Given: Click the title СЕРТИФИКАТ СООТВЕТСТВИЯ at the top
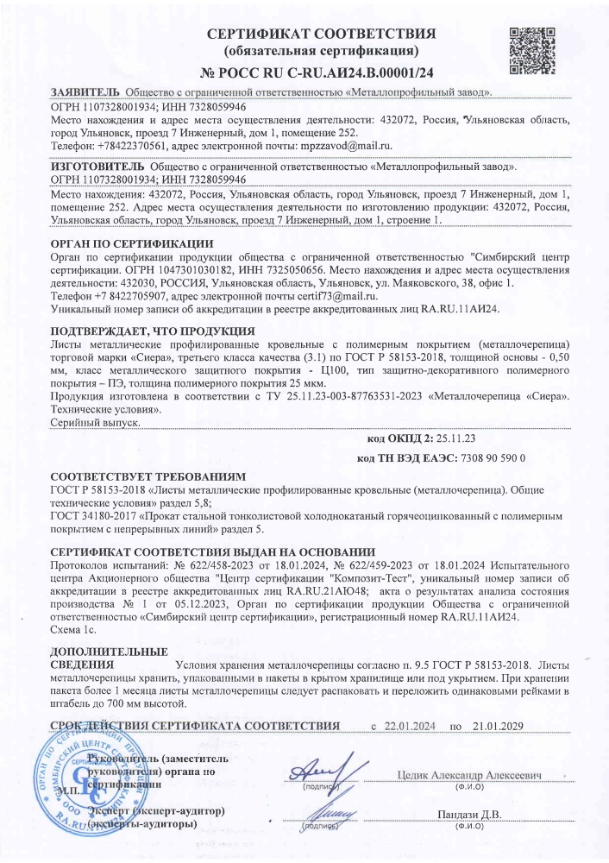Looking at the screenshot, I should (321, 34).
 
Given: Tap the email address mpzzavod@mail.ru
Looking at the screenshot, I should (345, 146).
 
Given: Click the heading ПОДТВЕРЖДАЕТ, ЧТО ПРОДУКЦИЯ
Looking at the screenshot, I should (152, 331).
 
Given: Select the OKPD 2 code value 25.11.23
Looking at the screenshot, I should (469, 438).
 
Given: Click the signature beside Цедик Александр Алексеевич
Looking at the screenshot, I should (323, 770).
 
